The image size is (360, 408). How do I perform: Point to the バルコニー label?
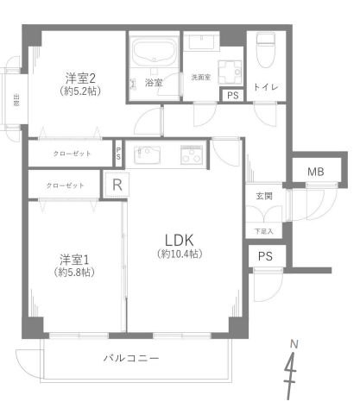pos(129,357)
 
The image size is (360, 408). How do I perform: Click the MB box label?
pos(317,173)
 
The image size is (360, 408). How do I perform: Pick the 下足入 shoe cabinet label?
pos(263,231)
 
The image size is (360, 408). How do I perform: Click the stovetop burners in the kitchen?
pos(190,156)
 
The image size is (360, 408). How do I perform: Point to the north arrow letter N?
pos(294,344)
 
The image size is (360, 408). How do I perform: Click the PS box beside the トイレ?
pos(232,97)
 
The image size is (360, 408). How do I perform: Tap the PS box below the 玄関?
pos(265,256)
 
